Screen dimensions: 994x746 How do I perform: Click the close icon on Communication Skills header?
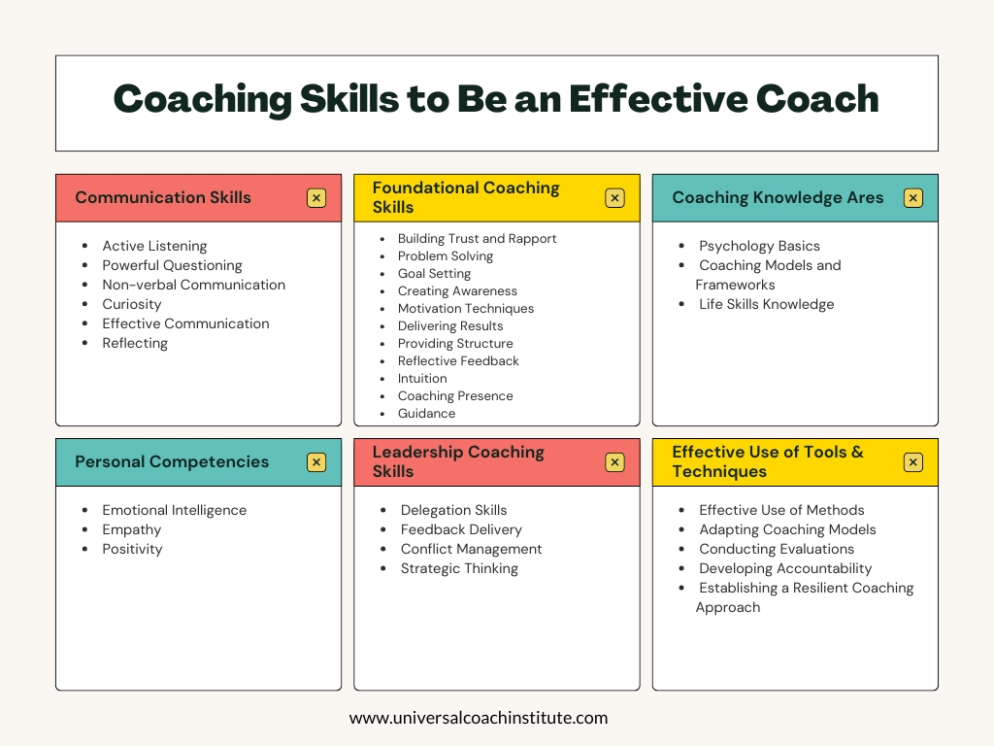pos(316,198)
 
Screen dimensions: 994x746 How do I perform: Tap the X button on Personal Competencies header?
pos(316,462)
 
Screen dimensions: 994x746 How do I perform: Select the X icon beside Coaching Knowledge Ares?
pos(912,198)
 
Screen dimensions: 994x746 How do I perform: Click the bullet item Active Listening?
pos(154,246)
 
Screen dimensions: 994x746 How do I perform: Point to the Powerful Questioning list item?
pos(173,265)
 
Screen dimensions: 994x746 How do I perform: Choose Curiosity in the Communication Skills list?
pos(132,304)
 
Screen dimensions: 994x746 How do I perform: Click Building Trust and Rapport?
pos(477,239)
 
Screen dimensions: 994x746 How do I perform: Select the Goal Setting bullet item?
pos(434,273)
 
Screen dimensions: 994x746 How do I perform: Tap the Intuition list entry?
pos(422,378)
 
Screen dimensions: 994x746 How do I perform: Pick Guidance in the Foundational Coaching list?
pos(427,413)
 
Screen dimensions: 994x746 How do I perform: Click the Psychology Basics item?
pos(759,246)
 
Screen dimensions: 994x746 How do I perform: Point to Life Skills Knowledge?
pos(767,304)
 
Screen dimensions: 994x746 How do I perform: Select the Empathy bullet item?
pos(132,529)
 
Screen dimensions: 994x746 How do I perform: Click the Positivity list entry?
pos(132,549)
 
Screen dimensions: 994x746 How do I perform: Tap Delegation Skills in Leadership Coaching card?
pos(454,510)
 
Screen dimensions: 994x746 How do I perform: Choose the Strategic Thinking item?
pos(459,568)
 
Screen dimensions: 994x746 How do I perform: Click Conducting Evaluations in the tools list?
pos(777,549)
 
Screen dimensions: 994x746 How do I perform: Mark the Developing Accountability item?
pos(785,568)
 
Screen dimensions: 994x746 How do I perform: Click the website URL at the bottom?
pos(479,718)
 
